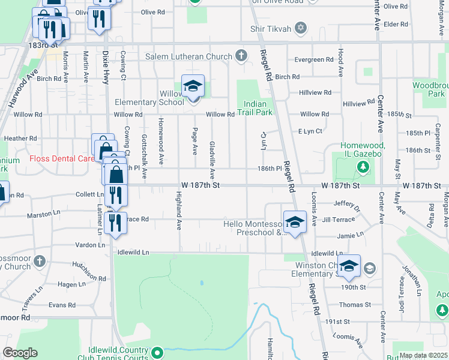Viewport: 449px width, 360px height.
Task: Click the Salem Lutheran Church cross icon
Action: click(x=241, y=56)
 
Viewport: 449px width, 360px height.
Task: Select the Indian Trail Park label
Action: click(x=255, y=107)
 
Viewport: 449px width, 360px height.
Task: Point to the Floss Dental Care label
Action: click(x=62, y=159)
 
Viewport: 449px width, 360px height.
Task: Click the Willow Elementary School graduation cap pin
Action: click(x=193, y=86)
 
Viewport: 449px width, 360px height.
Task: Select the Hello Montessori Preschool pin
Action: click(x=294, y=223)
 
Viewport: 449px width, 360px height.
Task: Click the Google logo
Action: click(x=20, y=352)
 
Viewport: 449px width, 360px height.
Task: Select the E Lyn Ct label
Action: click(x=310, y=131)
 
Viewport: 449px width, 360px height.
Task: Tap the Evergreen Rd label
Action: click(x=314, y=59)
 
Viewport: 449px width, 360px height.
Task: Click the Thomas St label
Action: click(x=351, y=305)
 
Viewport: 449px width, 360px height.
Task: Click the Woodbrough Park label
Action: click(x=429, y=89)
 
